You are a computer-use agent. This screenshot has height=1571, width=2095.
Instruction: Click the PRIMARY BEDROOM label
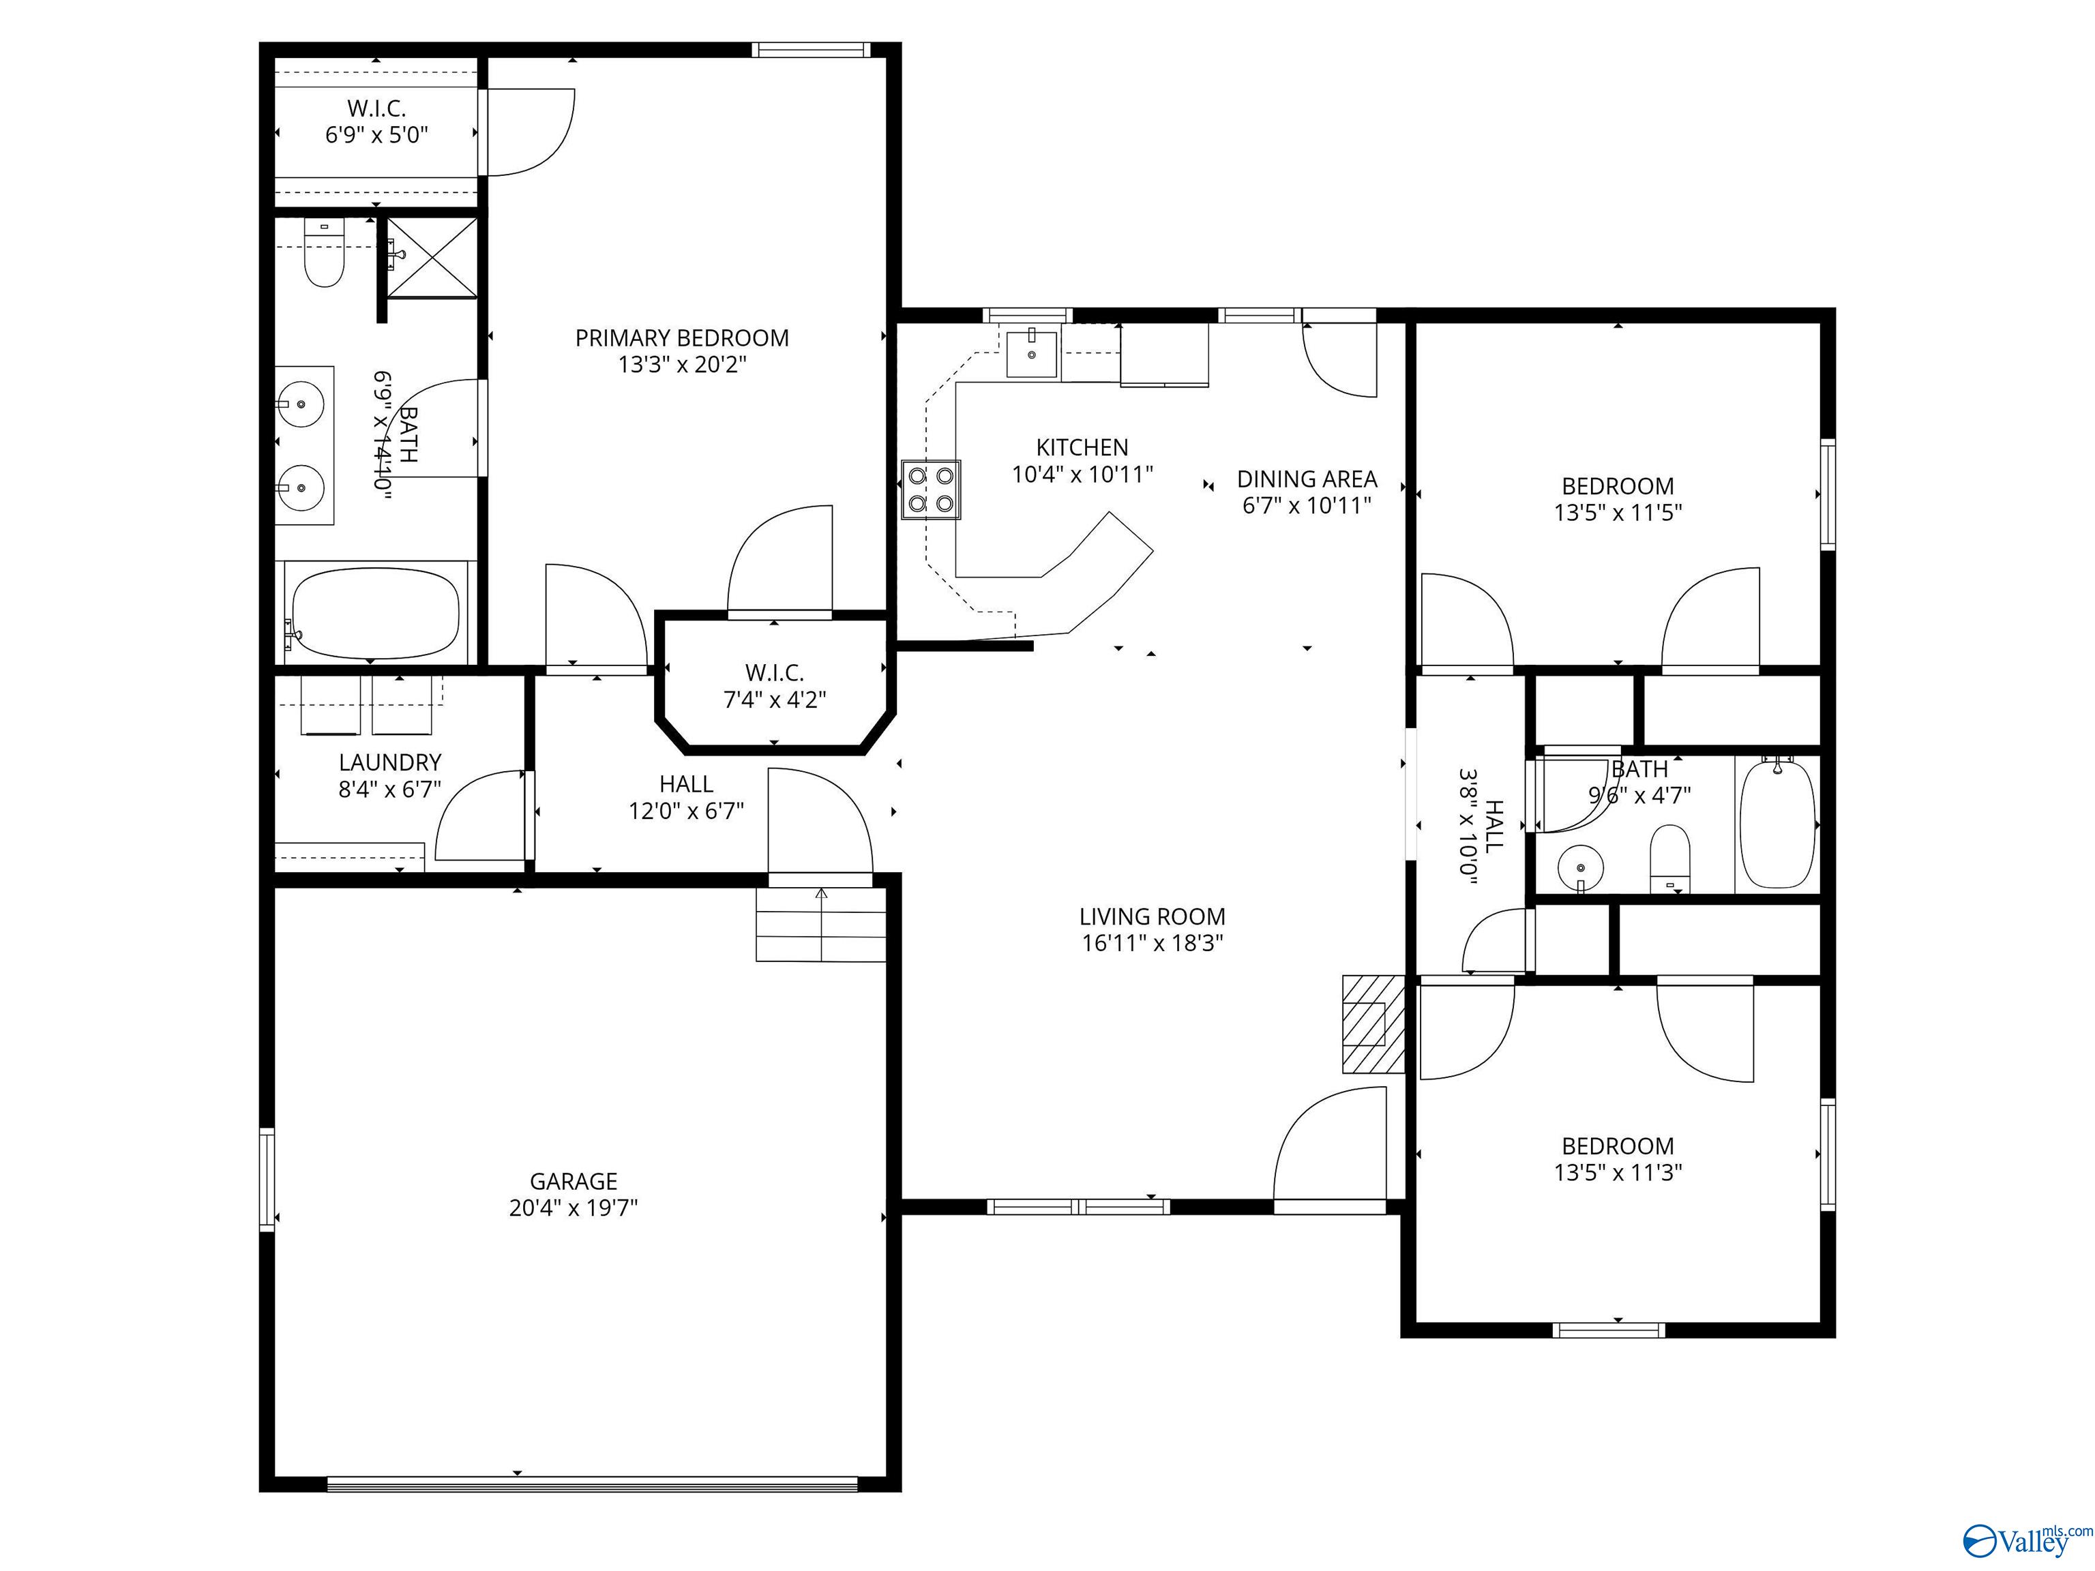tap(682, 338)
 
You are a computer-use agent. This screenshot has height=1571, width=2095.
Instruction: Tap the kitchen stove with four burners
tap(930, 490)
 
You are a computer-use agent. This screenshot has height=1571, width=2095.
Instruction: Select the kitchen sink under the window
tap(1030, 354)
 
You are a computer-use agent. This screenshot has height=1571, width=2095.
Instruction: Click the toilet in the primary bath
tap(323, 256)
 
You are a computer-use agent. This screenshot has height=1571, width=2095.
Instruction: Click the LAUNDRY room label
tap(390, 762)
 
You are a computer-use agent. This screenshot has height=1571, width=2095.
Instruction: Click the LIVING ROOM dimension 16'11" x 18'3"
tap(1153, 942)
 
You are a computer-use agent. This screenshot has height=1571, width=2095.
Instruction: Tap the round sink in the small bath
tap(1579, 867)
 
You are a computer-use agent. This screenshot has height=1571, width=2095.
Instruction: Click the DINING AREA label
tap(1307, 479)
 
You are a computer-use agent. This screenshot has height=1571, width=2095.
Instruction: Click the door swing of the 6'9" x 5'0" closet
tap(531, 132)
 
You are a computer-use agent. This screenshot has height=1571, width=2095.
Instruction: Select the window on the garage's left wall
tap(267, 1179)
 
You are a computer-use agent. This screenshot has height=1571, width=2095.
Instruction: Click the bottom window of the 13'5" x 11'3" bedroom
tap(1608, 1330)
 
